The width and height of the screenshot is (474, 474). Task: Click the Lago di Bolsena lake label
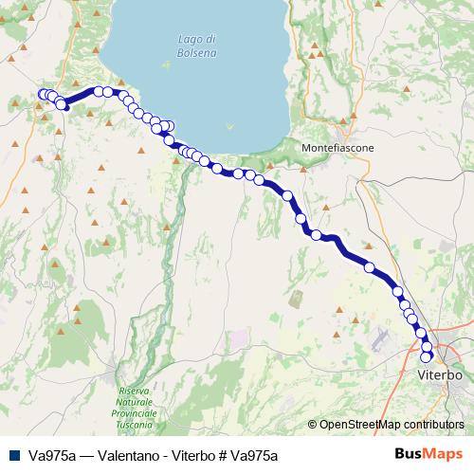[x=196, y=46]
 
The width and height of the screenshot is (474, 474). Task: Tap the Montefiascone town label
[x=337, y=149]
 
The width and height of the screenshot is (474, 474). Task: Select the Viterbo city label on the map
[x=439, y=375]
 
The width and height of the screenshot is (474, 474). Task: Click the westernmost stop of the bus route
[x=43, y=93]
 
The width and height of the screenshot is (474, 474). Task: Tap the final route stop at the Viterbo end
[x=428, y=356]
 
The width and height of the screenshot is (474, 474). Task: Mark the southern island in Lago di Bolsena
[x=228, y=126]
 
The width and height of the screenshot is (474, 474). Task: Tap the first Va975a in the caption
[x=52, y=455]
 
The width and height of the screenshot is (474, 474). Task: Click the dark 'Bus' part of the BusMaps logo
[x=410, y=454]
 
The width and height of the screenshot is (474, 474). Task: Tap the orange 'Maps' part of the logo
[x=446, y=454]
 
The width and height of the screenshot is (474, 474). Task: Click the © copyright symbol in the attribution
[x=314, y=425]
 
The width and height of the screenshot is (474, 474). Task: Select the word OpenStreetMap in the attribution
[x=359, y=425]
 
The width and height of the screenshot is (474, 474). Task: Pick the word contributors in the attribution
[x=433, y=425]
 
